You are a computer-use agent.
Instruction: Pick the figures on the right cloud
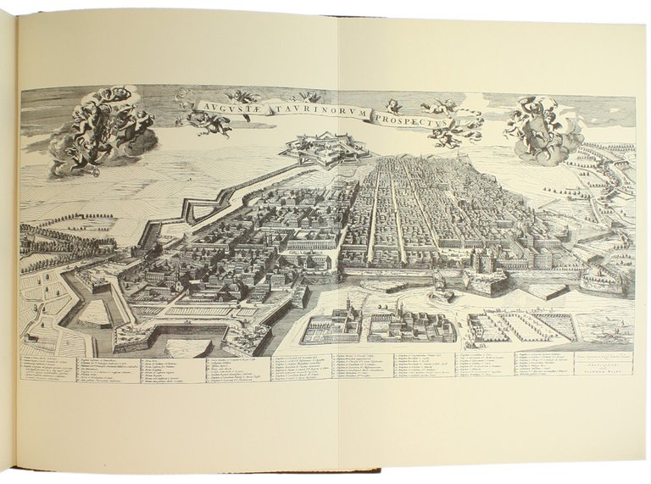point(542,127)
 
